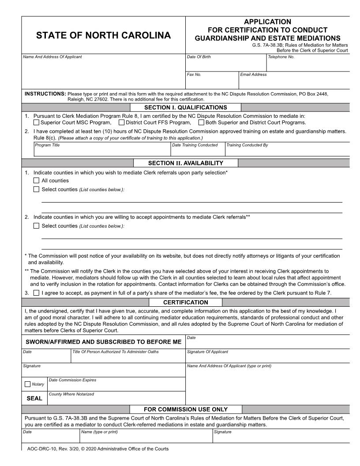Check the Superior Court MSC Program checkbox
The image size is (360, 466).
(37, 123)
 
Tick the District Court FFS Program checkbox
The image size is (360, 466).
(121, 123)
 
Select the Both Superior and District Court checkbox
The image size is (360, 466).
(201, 123)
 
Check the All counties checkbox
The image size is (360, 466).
(37, 180)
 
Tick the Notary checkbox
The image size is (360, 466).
(28, 384)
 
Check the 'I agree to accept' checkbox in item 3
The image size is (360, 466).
(37, 293)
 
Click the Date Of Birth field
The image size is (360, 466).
(225, 65)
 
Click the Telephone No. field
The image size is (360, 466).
(307, 65)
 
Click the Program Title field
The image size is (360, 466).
(102, 151)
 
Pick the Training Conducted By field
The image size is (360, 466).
(287, 151)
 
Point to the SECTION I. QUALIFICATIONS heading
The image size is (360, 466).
(186, 107)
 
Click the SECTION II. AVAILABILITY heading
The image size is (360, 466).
(186, 163)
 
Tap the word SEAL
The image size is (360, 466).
(35, 398)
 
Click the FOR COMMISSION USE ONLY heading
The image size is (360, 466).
(186, 409)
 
